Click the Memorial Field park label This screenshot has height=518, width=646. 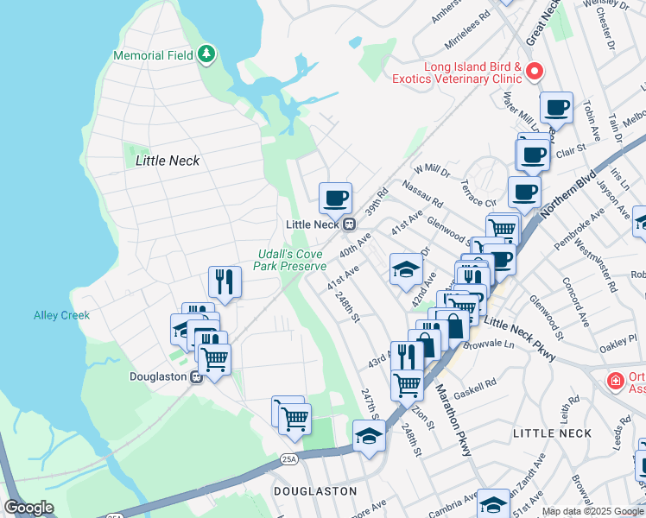[154, 56]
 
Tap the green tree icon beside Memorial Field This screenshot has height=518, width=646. [206, 55]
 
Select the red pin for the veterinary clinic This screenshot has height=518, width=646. [535, 71]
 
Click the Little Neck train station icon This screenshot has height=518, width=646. [349, 224]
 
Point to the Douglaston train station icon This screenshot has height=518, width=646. [196, 376]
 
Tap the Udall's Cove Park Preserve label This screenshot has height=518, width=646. [289, 261]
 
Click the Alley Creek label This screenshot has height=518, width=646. [61, 316]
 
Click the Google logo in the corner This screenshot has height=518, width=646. [28, 508]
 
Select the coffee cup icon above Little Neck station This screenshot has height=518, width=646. [335, 198]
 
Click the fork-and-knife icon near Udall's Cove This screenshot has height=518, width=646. [224, 281]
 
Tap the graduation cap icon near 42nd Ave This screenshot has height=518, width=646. [406, 269]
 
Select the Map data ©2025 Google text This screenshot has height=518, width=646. [592, 511]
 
